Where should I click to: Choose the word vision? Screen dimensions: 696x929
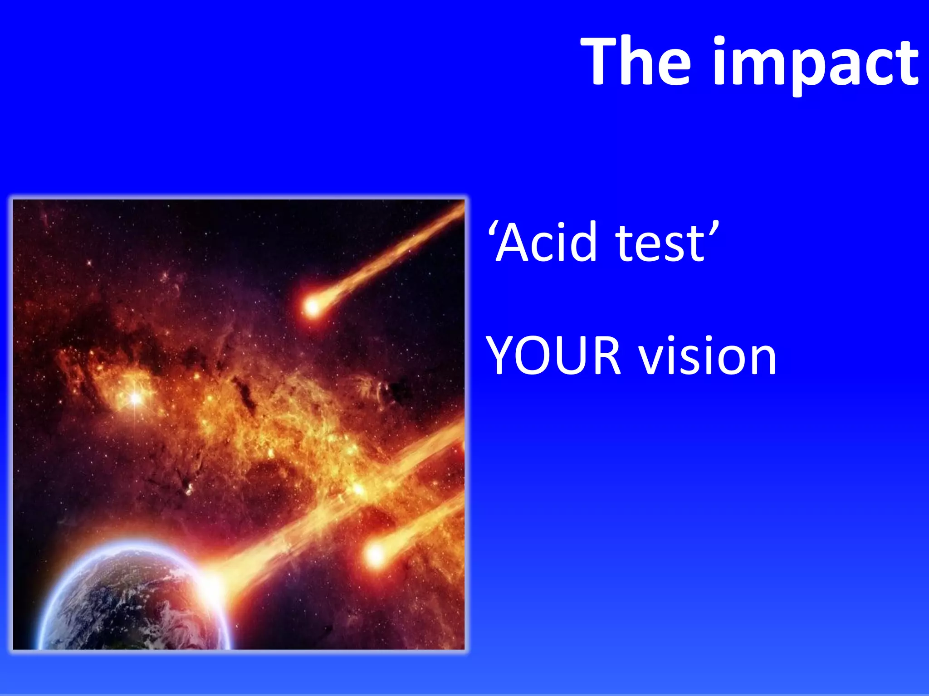pos(708,356)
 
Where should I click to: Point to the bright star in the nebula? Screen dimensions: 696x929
pos(135,398)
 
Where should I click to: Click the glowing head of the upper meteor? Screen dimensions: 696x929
pos(312,307)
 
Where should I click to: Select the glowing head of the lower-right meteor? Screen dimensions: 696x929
pos(376,554)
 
